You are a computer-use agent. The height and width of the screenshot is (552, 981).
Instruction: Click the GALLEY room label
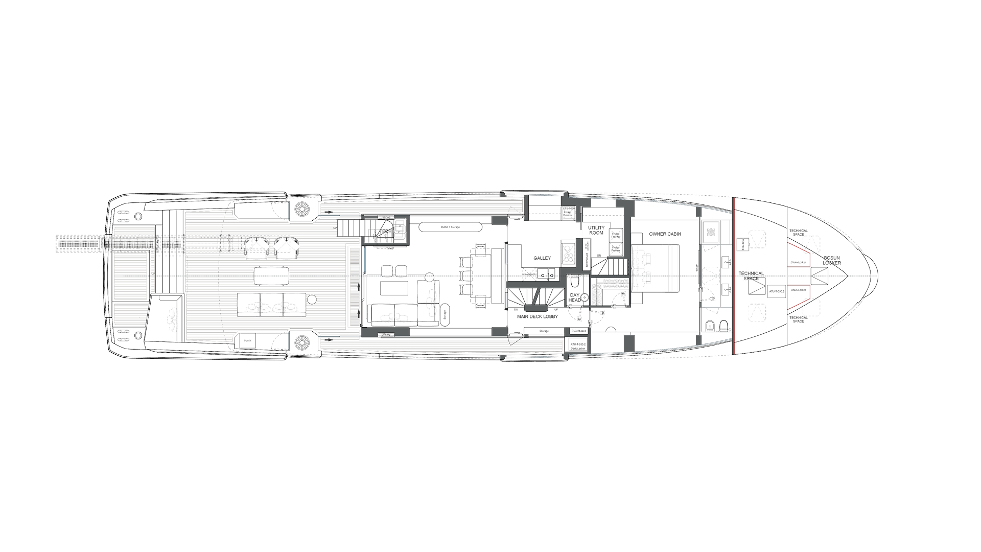click(542, 258)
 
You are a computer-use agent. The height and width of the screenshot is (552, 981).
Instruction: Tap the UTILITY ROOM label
click(596, 230)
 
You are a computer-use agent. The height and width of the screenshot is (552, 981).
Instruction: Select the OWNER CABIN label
click(665, 234)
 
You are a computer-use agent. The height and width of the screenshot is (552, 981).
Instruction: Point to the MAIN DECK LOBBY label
click(538, 317)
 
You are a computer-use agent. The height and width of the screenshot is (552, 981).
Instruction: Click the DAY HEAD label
click(575, 297)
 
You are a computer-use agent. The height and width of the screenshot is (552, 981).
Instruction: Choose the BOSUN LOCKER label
click(831, 260)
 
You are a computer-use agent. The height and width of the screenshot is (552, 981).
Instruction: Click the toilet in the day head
click(575, 283)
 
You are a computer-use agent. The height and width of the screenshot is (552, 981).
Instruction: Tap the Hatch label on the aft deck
click(247, 340)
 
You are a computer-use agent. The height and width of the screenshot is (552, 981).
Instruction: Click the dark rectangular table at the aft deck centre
click(271, 276)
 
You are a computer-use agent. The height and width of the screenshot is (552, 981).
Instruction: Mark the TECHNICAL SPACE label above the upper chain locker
click(798, 233)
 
